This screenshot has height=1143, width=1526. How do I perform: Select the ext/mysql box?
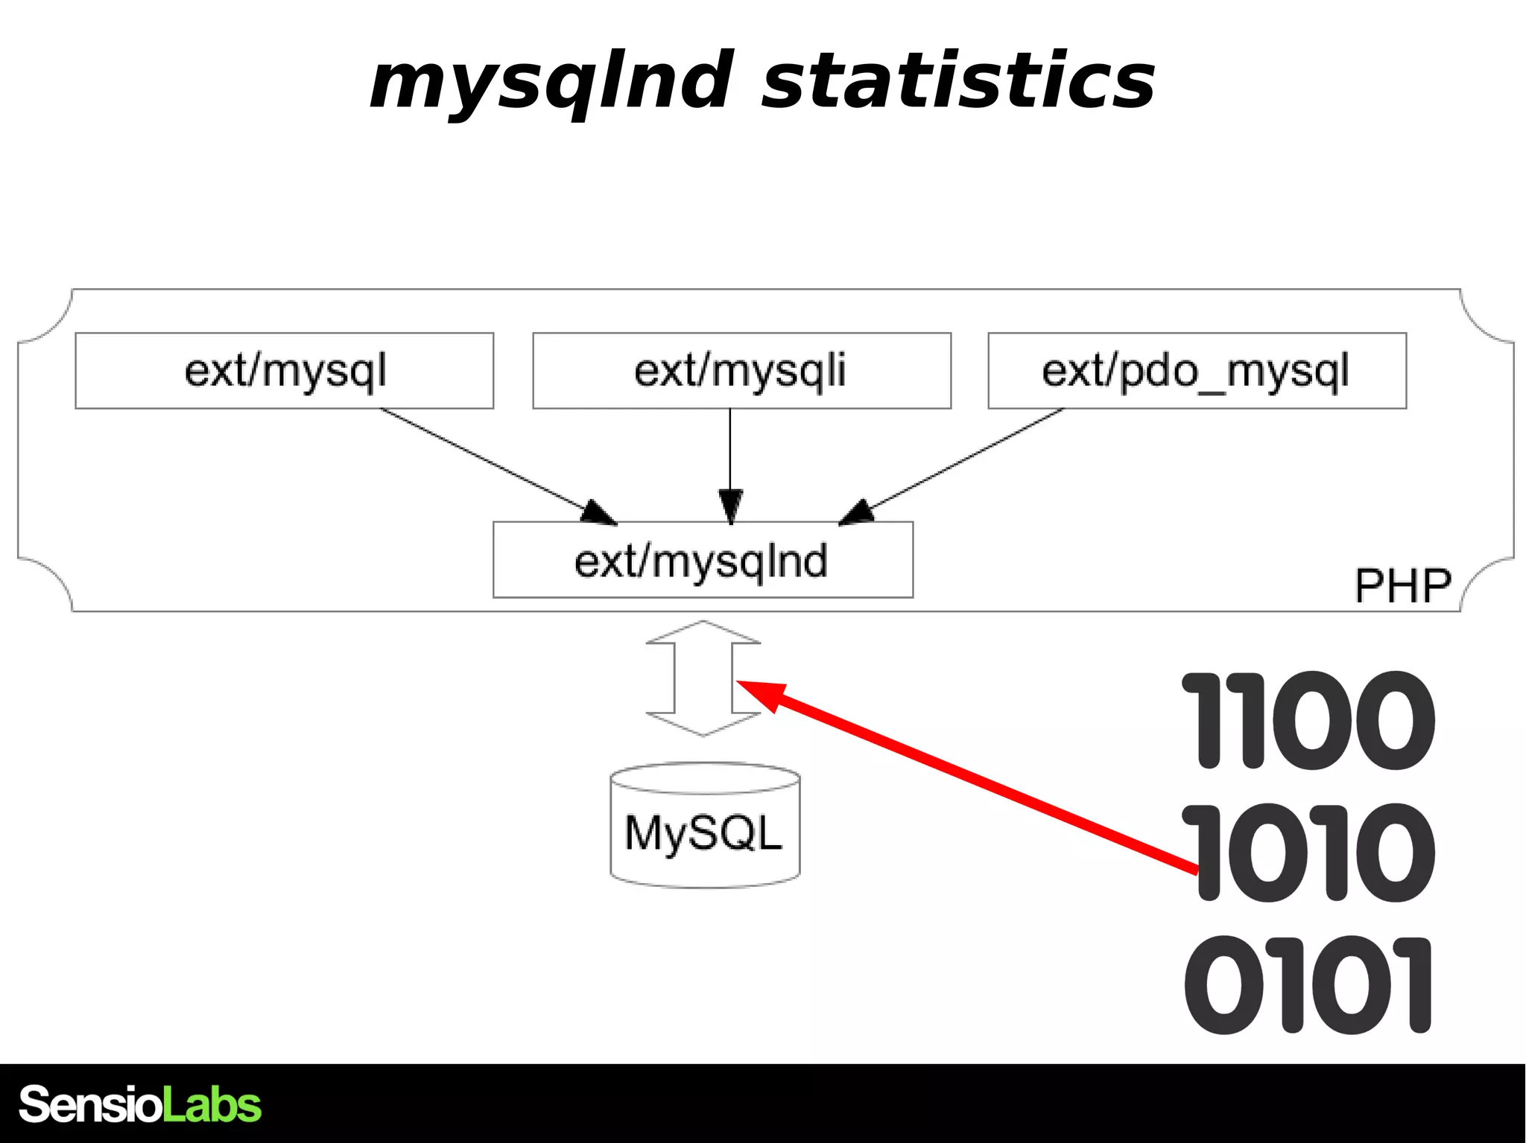285,371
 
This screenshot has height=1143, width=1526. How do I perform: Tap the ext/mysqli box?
741,371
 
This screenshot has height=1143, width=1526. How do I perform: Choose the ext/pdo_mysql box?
1197,371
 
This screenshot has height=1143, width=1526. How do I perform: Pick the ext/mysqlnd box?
703,560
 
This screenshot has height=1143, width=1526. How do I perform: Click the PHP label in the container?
1402,586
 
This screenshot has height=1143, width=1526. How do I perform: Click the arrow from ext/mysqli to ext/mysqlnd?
730,454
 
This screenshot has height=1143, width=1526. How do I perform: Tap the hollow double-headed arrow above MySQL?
703,678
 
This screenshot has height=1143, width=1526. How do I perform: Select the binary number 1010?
1308,852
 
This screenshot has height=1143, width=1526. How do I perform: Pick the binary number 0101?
1308,984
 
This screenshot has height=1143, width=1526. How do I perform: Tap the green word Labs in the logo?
212,1104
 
